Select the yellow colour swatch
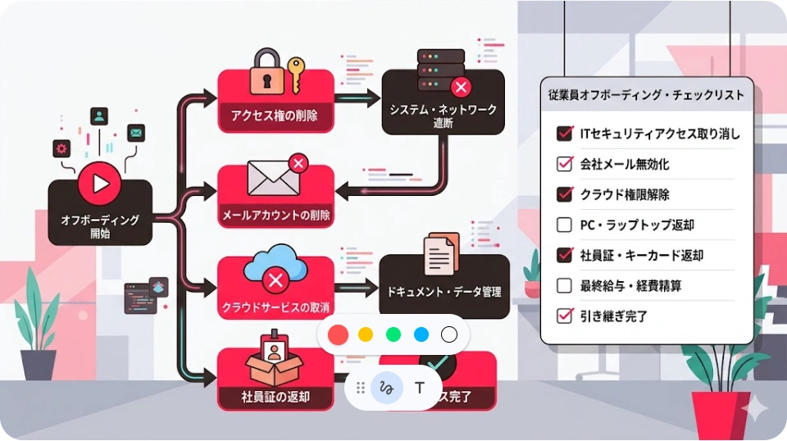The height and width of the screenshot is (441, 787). point(366,334)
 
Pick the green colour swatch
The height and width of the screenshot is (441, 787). point(393,334)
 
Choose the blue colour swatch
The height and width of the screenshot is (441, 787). point(421,334)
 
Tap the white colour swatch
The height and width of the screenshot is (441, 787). point(449,334)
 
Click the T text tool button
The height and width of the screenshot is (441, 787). point(420,388)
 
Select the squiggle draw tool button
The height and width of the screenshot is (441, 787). point(387,388)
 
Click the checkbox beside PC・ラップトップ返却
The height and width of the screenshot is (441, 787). point(564,225)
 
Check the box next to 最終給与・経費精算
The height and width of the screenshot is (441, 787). point(564,285)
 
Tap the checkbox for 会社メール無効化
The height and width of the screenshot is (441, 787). point(564,164)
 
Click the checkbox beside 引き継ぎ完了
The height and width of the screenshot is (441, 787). point(564,316)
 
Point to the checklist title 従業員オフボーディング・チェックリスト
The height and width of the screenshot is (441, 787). point(646,95)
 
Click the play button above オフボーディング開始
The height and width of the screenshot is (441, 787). point(100,184)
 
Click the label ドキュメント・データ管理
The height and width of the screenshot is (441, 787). point(444,291)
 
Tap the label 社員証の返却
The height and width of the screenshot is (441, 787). point(275,398)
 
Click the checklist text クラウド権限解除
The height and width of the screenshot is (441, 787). point(625,194)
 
